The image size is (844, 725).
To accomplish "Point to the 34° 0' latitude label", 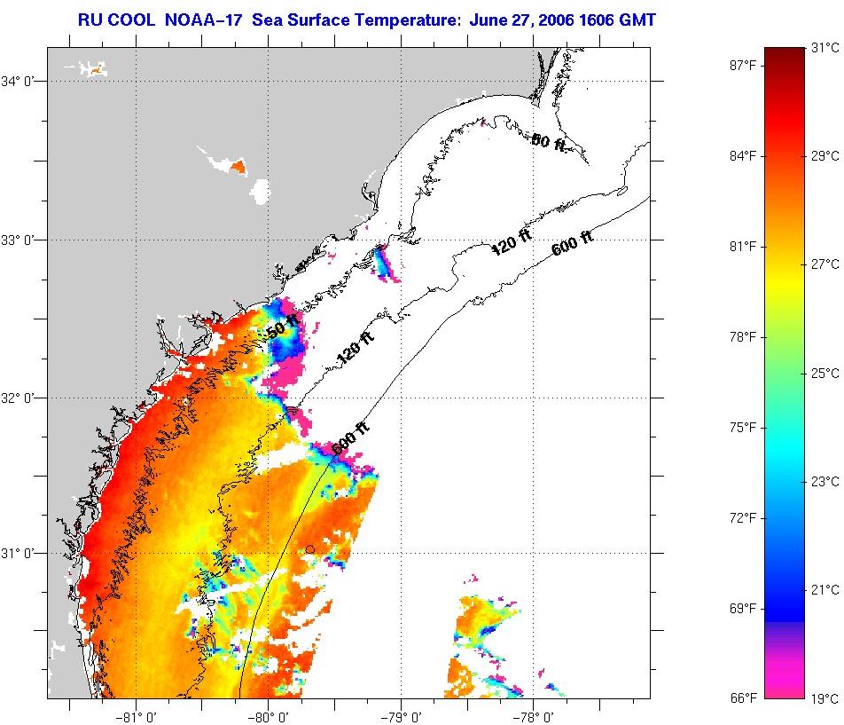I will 20,82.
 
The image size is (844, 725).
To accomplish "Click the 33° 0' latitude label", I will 20,240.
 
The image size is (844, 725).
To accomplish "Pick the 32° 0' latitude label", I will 20,398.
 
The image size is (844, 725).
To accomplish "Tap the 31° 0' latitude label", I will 20,554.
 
